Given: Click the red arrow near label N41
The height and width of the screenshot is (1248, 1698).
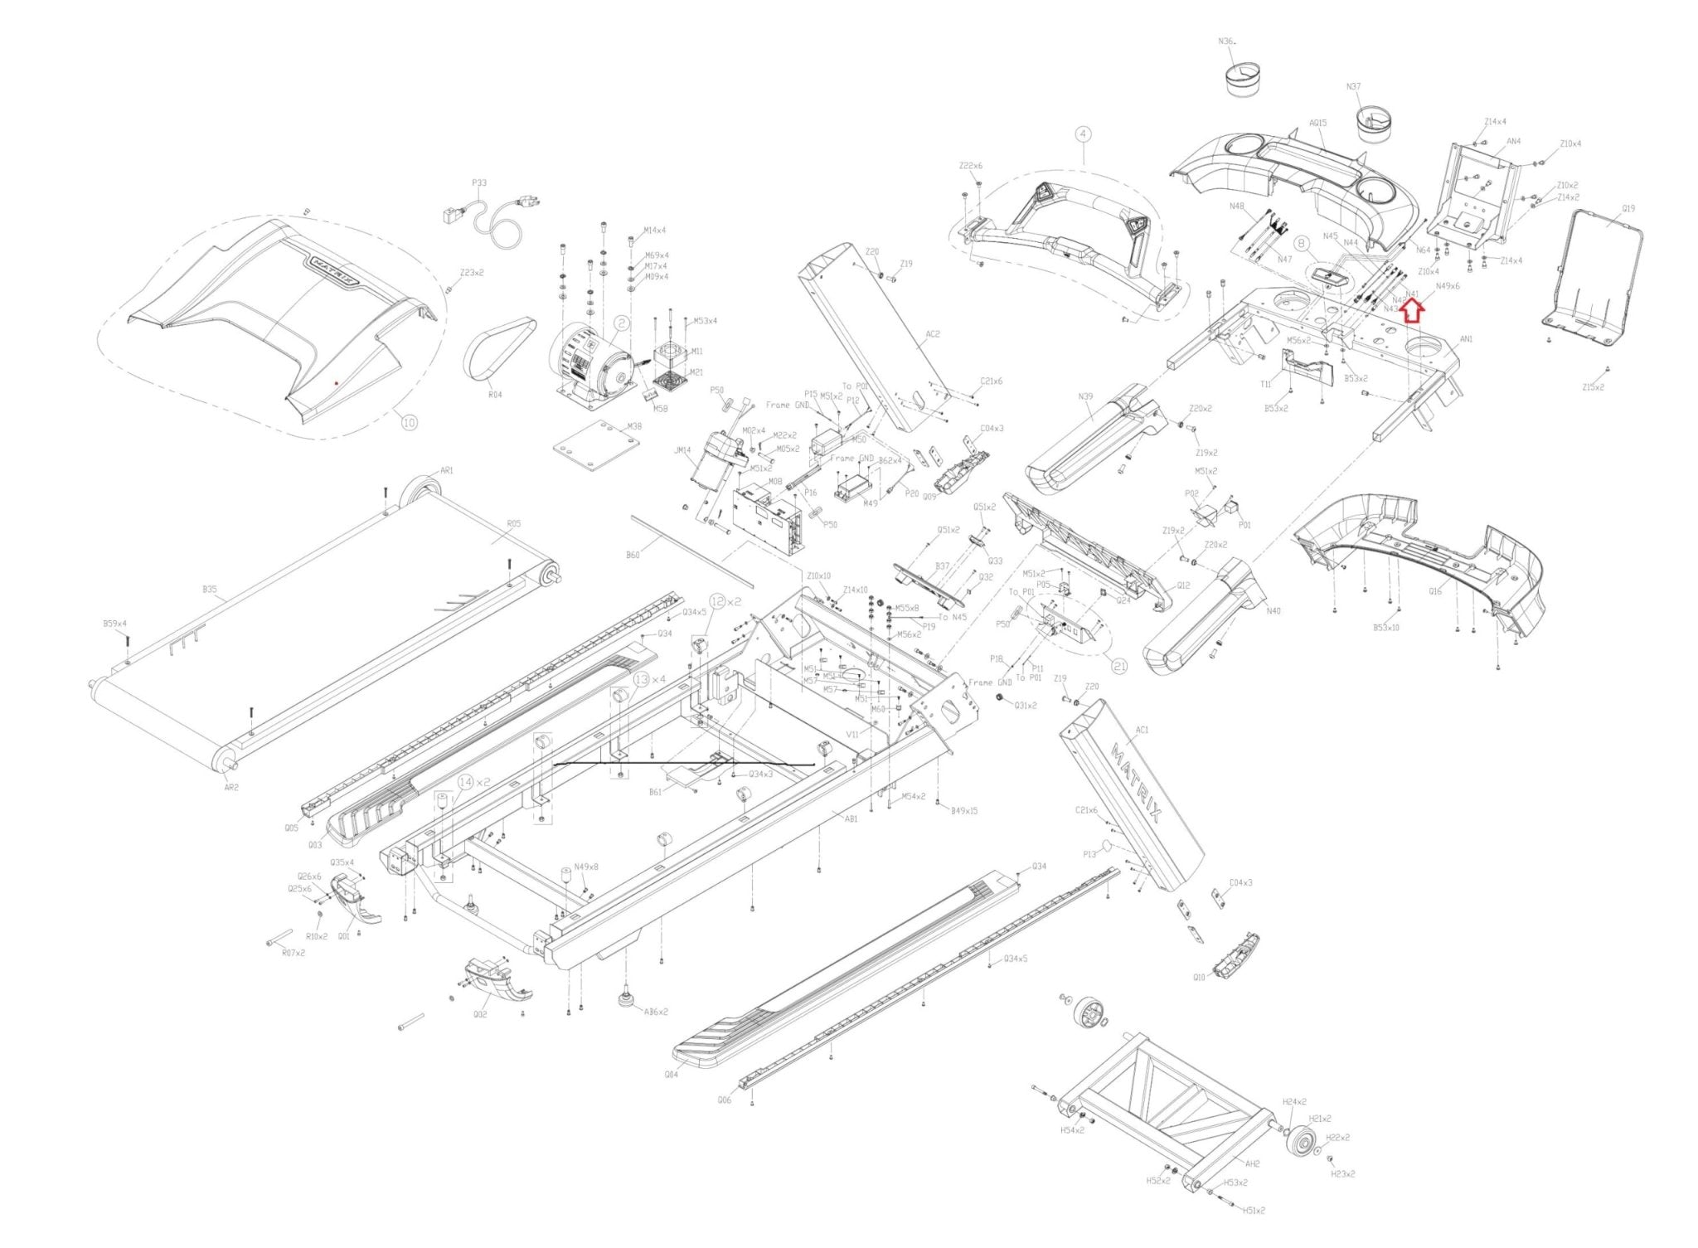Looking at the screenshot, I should (x=1412, y=311).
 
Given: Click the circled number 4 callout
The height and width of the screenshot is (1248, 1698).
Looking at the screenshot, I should (x=1084, y=134).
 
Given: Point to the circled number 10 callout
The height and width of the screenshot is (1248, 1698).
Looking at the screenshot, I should (x=409, y=422).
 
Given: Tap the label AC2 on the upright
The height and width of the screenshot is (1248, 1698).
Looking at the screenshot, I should (x=932, y=335).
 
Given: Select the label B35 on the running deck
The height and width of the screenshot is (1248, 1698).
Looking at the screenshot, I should (x=210, y=590).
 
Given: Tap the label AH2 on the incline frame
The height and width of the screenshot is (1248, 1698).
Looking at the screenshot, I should (x=1253, y=1163).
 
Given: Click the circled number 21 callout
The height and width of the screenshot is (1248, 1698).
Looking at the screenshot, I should (x=1119, y=665).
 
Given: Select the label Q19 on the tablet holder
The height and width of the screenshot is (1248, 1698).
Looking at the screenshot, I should (x=1628, y=209).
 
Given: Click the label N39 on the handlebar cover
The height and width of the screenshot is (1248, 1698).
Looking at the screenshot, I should (x=1085, y=396).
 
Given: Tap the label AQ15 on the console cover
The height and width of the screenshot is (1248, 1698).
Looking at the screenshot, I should (x=1317, y=124).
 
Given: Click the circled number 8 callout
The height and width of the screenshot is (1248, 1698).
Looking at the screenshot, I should (x=1302, y=243).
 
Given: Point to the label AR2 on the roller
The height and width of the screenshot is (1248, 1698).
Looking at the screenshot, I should (x=231, y=787).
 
